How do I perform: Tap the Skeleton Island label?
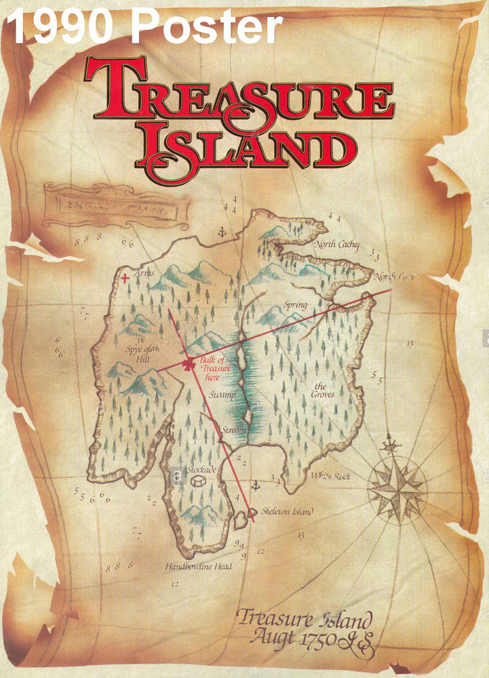(x=287, y=512)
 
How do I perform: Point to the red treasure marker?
(x=188, y=364)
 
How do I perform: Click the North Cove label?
(x=393, y=277)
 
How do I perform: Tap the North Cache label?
(x=338, y=245)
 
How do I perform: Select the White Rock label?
(x=330, y=477)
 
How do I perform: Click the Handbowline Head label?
(x=198, y=565)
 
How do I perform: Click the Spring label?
(x=296, y=305)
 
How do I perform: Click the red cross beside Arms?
(x=124, y=277)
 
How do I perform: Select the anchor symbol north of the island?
(x=220, y=234)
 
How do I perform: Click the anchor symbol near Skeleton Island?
(x=256, y=486)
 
